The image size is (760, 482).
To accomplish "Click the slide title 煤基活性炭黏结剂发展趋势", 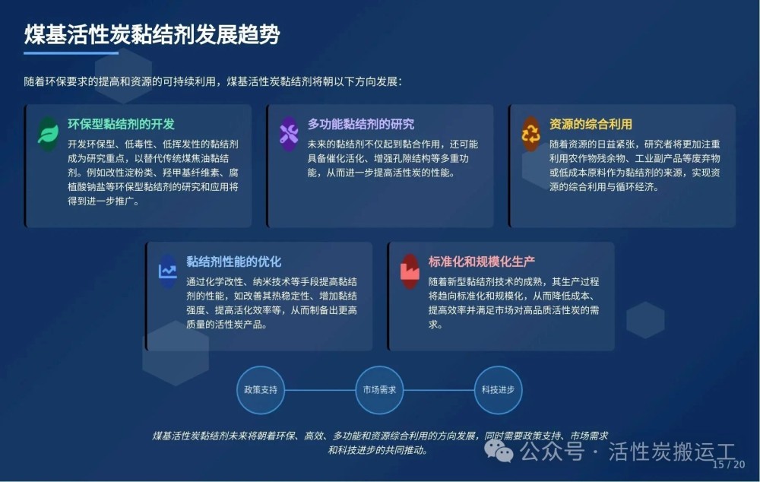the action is click(x=152, y=34).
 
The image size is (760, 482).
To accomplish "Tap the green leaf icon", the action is click(x=48, y=133).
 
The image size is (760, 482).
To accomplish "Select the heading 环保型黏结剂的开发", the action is click(x=121, y=124).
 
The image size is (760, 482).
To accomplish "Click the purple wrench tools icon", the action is click(x=289, y=134).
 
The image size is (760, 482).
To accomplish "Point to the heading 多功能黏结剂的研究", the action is click(x=361, y=124).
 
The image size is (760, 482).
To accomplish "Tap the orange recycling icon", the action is click(x=530, y=134).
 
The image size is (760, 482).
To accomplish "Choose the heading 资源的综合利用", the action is click(x=591, y=124).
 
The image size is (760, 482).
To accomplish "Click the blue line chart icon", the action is click(x=168, y=271).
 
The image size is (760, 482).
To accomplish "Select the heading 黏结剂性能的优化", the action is click(x=233, y=262).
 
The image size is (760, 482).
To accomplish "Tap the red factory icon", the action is click(x=410, y=271).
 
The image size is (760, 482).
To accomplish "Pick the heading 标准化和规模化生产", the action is click(x=482, y=262).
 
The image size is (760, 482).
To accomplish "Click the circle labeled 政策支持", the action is click(x=261, y=390).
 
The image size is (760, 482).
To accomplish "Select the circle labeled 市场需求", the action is click(x=379, y=390).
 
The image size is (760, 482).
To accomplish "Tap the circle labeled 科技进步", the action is click(x=499, y=390).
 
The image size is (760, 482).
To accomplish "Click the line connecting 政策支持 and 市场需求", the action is click(x=320, y=390).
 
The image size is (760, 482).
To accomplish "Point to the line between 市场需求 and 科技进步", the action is click(x=439, y=390).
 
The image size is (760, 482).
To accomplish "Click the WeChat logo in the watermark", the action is click(x=499, y=451).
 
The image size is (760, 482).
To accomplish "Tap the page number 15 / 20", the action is click(x=729, y=464).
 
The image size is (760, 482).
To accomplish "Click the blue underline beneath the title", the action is click(x=71, y=53).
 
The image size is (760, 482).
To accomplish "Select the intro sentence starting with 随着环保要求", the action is click(x=213, y=81).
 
